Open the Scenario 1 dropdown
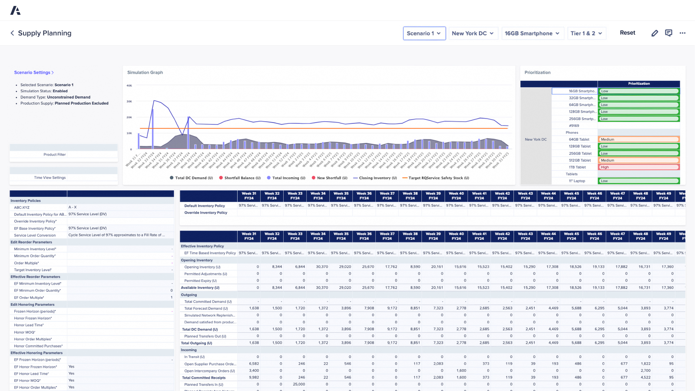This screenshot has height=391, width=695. coord(424,33)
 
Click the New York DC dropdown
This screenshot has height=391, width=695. coord(473,33)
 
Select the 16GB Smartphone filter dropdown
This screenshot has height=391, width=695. coord(532,33)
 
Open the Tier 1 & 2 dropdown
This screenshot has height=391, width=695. coord(586,33)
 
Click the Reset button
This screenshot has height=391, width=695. coord(627,33)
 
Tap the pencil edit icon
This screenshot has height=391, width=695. coord(655,33)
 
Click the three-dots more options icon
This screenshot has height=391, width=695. coord(682,33)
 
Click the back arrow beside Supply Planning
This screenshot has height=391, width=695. coord(12,33)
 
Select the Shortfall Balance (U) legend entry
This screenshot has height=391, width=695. coord(240,178)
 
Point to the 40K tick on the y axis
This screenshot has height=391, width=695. coord(129,86)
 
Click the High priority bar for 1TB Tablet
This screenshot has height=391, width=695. coord(639,167)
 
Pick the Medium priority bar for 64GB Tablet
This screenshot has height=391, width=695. coord(639,139)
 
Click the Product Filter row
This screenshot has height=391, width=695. coord(55,155)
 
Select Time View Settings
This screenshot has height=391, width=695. coord(50,178)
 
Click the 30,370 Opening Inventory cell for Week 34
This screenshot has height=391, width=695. coord(321,267)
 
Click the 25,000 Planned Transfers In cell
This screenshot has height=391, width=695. coord(298,384)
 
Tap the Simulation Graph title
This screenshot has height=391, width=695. coord(145,73)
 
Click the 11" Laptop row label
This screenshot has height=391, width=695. coord(577,181)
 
